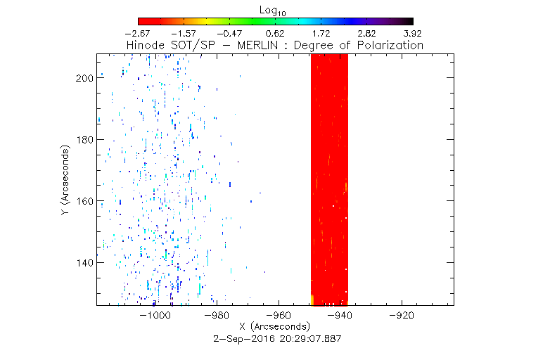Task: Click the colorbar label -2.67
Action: click(139, 34)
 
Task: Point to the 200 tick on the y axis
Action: click(84, 78)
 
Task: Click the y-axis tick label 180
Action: click(84, 139)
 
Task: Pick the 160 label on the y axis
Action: click(84, 201)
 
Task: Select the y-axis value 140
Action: click(84, 262)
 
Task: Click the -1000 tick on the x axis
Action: click(156, 316)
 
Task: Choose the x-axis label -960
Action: click(279, 316)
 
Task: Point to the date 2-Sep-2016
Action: click(241, 337)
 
